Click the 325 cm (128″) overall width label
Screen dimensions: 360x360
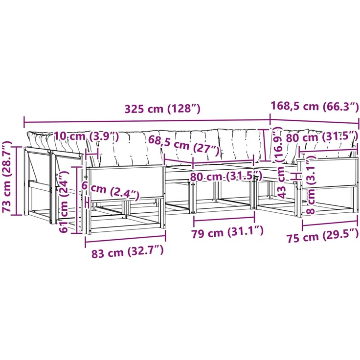(162, 109)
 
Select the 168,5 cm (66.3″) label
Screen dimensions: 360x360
(315, 106)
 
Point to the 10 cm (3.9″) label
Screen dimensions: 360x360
(87, 137)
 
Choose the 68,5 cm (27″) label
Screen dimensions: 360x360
(184, 146)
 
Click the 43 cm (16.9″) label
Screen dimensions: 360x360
(280, 162)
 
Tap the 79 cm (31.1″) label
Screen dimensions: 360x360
(227, 232)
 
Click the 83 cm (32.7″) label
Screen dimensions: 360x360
(128, 251)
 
